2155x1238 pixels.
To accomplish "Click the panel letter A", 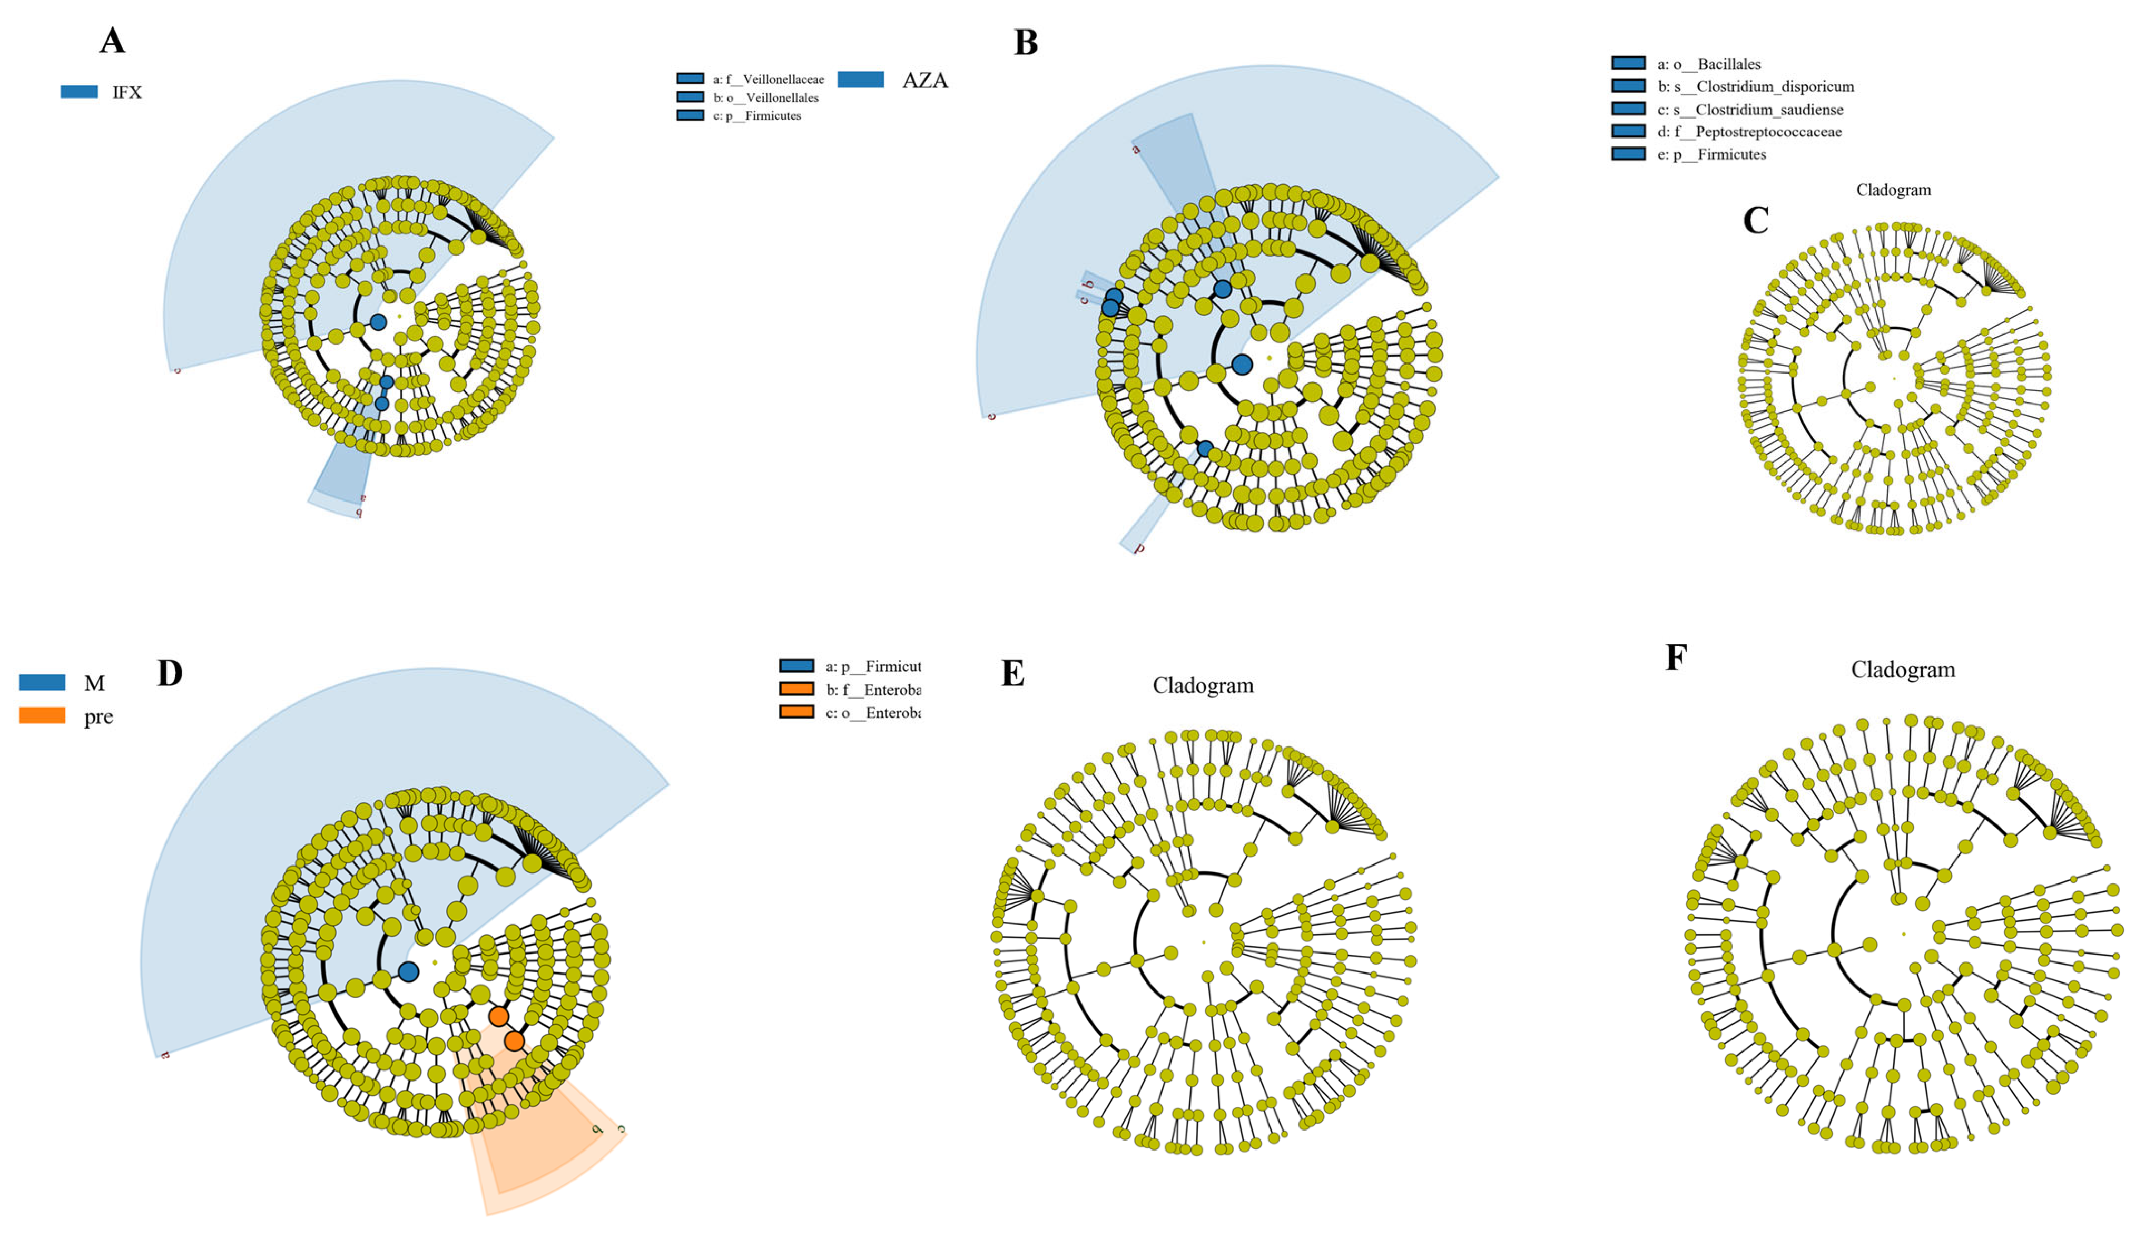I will (x=112, y=41).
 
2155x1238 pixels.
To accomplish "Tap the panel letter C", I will (x=1756, y=220).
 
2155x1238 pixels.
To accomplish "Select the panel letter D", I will (x=170, y=673).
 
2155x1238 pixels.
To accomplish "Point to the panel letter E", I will (x=1012, y=673).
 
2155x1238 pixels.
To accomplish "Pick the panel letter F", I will (x=1676, y=657).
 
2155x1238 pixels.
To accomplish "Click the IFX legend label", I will (x=126, y=92).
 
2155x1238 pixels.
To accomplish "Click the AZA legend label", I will (x=924, y=80).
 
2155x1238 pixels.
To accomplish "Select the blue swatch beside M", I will (x=43, y=682).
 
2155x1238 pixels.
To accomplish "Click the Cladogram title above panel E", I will (x=1202, y=685).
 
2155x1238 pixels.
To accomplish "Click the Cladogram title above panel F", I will (x=1903, y=670).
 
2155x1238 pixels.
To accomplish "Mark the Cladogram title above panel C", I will (x=1893, y=190).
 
